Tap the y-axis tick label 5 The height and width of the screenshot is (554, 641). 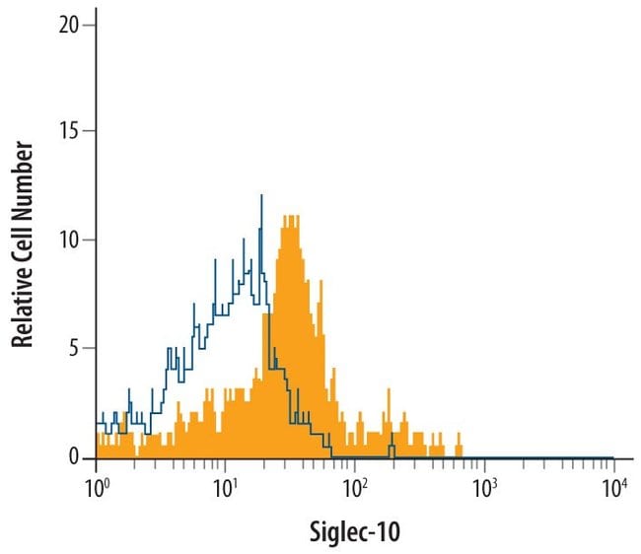click(76, 348)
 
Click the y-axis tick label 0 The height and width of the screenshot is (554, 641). click(76, 457)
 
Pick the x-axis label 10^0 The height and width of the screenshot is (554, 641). click(97, 486)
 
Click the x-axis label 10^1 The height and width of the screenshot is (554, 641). click(226, 486)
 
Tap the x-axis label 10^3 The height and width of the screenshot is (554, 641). click(484, 486)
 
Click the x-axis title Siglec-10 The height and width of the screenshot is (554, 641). click(355, 530)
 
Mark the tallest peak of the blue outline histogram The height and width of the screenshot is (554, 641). click(261, 196)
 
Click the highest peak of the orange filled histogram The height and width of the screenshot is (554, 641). click(289, 217)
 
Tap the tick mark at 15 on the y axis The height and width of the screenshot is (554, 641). click(91, 131)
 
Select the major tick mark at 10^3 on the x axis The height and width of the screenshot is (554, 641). click(484, 463)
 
